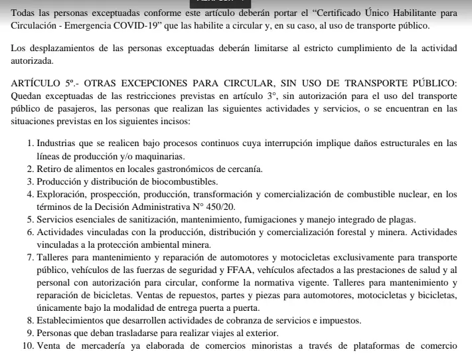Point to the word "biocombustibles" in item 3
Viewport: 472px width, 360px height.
pyautogui.click(x=198, y=181)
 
